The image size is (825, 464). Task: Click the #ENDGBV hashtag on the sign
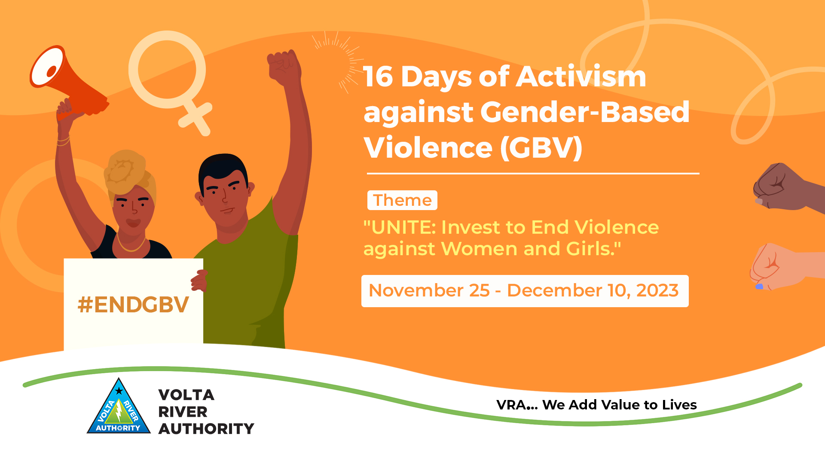click(x=133, y=305)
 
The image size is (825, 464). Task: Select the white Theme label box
click(x=402, y=200)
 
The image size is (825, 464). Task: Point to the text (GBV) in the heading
click(x=541, y=147)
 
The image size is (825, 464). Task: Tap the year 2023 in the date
click(x=657, y=291)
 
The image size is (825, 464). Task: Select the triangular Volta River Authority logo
click(x=119, y=406)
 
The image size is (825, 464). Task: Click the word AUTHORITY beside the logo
click(x=206, y=429)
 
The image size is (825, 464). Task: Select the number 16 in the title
click(x=379, y=77)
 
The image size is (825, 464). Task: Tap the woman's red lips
click(x=133, y=223)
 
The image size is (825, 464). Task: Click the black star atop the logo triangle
click(x=119, y=391)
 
